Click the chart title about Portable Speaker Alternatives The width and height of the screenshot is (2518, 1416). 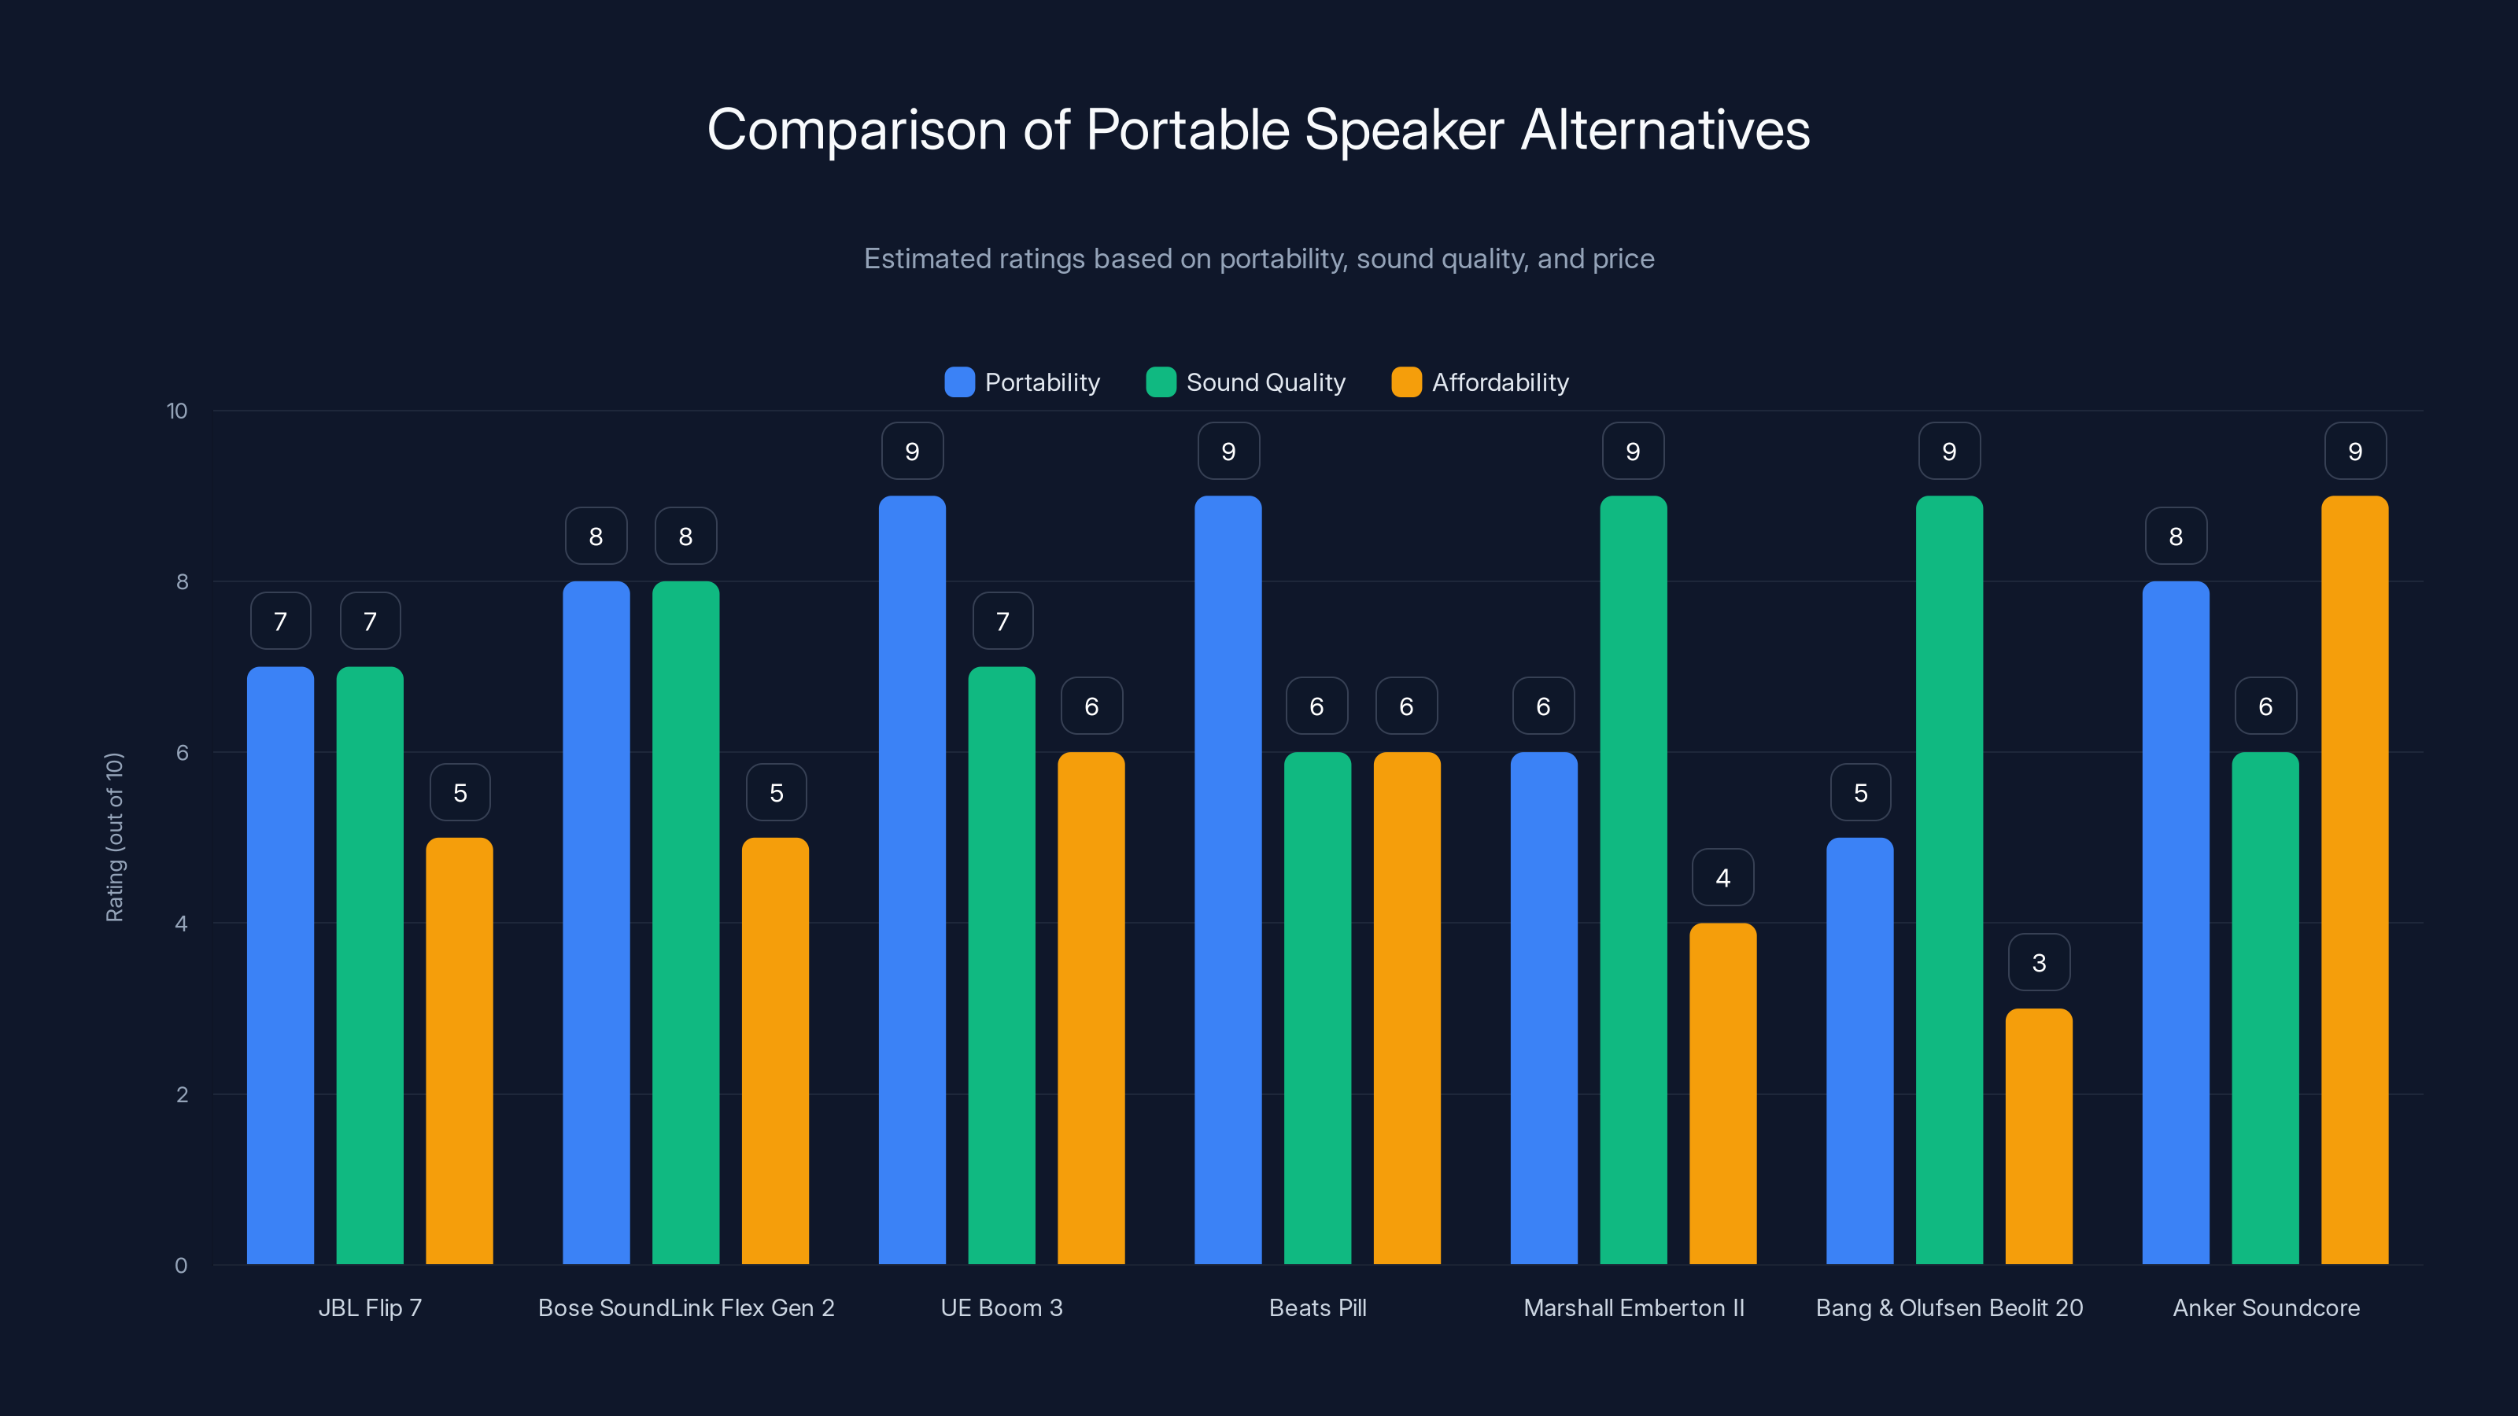[1258, 130]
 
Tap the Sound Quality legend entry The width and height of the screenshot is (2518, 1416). [1246, 382]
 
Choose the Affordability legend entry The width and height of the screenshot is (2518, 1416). [1481, 382]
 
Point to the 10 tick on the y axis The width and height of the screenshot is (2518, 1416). [177, 411]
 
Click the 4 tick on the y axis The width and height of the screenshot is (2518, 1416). [181, 924]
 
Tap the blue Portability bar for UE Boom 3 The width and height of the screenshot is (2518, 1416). [912, 879]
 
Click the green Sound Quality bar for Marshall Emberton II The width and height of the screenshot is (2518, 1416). [1633, 879]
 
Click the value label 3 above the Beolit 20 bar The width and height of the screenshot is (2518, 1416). [2038, 963]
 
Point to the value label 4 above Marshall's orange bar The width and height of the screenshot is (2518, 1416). [1722, 878]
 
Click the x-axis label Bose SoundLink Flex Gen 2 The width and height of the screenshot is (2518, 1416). [686, 1307]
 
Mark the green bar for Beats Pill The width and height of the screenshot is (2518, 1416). [1316, 1008]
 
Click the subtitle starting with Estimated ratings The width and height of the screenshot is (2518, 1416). [1258, 259]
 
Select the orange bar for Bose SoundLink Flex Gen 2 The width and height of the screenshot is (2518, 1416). [775, 1050]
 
